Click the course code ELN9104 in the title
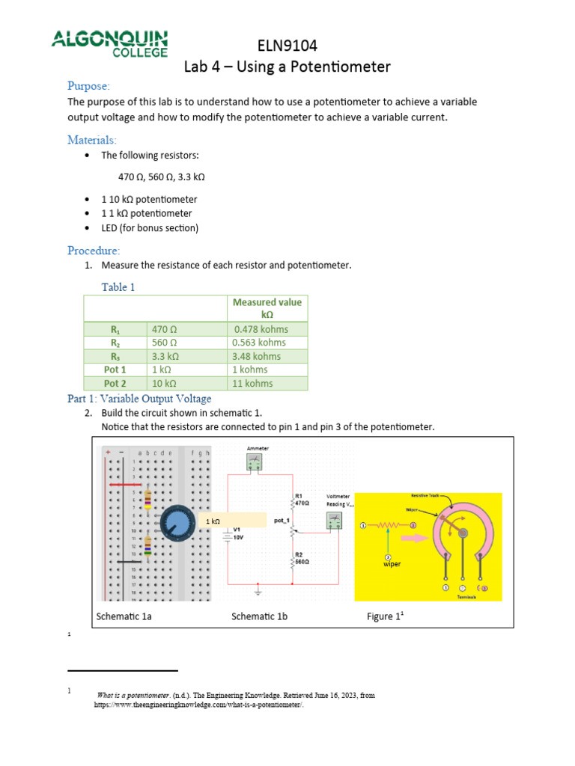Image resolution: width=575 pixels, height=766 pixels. point(287,46)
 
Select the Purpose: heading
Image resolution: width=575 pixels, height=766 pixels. point(88,85)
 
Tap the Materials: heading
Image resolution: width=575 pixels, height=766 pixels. point(92,140)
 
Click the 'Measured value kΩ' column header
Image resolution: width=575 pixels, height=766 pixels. point(267,309)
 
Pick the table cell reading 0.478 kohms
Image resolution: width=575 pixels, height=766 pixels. point(261,329)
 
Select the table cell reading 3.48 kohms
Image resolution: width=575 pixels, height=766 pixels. point(257,356)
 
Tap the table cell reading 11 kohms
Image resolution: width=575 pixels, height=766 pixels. point(252,383)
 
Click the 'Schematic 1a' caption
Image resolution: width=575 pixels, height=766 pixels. point(124,616)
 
